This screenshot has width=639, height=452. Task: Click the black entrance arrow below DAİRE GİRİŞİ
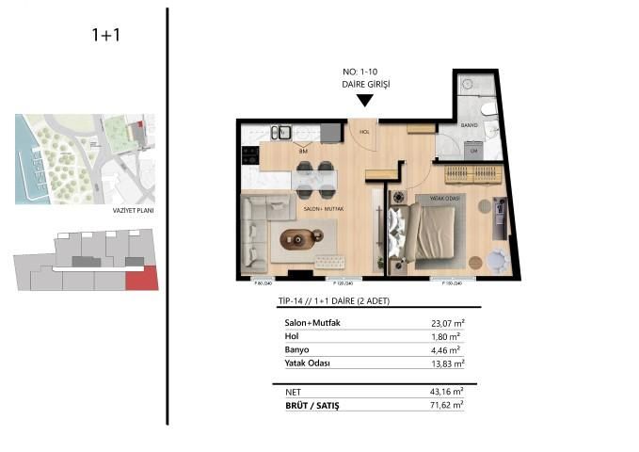click(x=364, y=101)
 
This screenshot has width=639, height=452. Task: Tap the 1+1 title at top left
click(x=105, y=36)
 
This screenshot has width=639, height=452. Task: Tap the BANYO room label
click(x=470, y=125)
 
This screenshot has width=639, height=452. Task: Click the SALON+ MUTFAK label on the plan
click(x=322, y=209)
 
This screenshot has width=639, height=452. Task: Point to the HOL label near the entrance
click(x=364, y=133)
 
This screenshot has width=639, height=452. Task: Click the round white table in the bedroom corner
click(x=496, y=259)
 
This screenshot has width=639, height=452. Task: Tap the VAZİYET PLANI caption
click(x=132, y=211)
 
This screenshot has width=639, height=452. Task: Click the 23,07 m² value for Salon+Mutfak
click(x=447, y=323)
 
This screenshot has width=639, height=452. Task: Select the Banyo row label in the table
click(x=297, y=348)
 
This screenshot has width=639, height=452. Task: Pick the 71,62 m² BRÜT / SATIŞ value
click(x=446, y=404)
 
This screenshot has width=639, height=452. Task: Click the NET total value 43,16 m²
click(x=447, y=390)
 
